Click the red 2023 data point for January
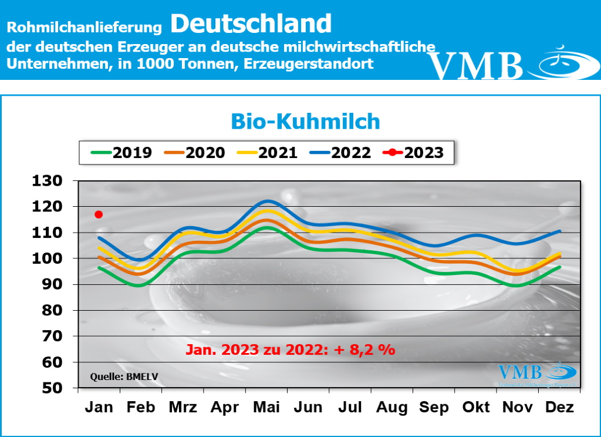click(x=99, y=214)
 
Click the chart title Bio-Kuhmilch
click(x=305, y=121)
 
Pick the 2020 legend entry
click(x=194, y=153)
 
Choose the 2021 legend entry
click(x=267, y=153)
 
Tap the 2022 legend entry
click(x=340, y=153)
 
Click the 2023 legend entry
click(x=413, y=153)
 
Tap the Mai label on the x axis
click(x=267, y=407)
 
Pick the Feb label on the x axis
click(x=141, y=407)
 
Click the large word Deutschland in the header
click(x=251, y=23)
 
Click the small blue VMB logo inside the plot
click(x=537, y=373)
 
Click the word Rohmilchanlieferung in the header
click(x=84, y=27)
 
